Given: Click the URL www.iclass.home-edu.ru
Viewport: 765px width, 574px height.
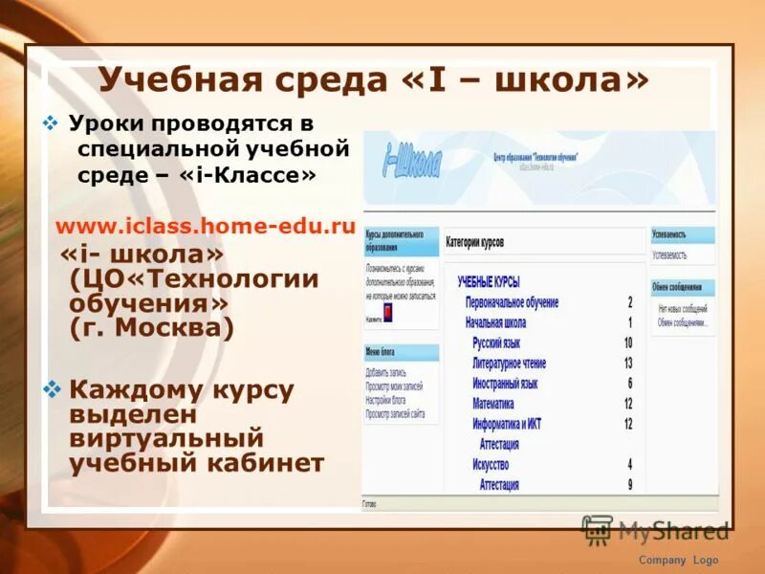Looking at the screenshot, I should coord(206,228).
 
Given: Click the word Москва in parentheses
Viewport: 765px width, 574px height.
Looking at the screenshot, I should coord(176,328).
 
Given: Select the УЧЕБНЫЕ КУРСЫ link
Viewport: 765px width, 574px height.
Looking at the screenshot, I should coord(489,282).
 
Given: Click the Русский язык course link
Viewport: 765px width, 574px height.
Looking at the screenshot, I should coord(496,342).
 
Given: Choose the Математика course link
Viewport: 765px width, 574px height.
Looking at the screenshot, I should coord(493,404).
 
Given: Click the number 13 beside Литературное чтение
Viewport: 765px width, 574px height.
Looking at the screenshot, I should coord(628,364).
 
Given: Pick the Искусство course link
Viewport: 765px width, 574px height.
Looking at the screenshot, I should coord(492,465).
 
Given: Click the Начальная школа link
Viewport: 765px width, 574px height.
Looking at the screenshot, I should coord(495,322).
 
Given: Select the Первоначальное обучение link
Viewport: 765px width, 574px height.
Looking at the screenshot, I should coord(512,302).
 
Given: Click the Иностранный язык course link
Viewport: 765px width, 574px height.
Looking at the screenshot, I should coord(505,384).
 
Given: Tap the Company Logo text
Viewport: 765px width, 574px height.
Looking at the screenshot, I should coord(678,561).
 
